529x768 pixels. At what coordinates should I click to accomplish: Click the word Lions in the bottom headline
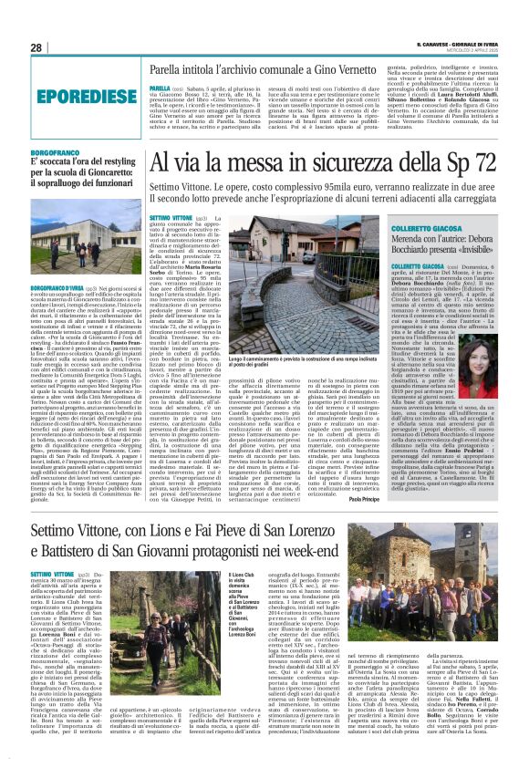[x=168, y=529]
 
